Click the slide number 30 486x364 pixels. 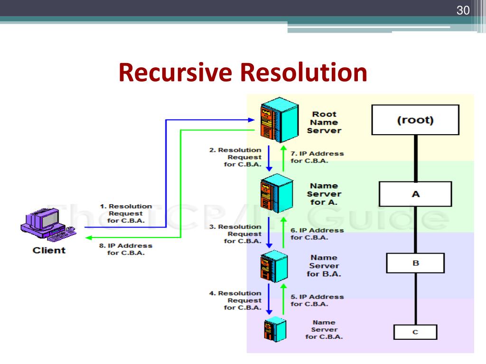[x=463, y=10]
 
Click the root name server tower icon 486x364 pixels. [x=275, y=120]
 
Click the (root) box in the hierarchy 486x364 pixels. [x=415, y=120]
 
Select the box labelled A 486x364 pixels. [x=415, y=194]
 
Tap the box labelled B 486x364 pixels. [x=415, y=263]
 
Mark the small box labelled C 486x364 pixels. [x=415, y=332]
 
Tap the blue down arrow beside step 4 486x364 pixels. [x=269, y=300]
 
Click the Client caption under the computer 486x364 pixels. [x=49, y=250]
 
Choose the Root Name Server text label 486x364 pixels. [x=324, y=122]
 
